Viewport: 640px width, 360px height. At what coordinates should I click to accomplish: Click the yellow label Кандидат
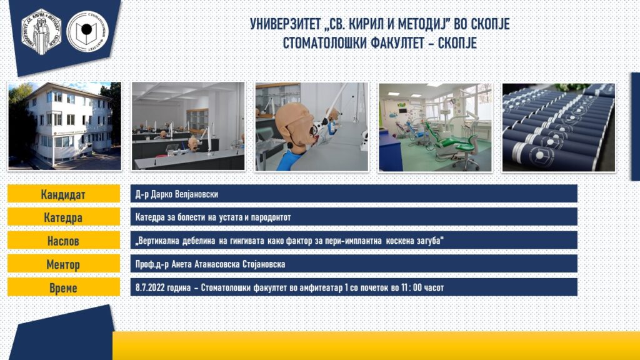(x=64, y=194)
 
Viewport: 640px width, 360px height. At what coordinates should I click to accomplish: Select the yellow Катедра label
(x=64, y=217)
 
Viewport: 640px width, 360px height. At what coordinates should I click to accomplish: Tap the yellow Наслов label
(x=64, y=241)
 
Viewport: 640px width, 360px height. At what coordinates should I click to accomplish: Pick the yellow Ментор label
(x=64, y=264)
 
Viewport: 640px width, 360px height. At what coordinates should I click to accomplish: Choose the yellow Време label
(x=64, y=287)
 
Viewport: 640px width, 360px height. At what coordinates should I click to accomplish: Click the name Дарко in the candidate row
(x=162, y=194)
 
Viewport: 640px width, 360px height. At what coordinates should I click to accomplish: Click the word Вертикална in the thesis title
(x=157, y=241)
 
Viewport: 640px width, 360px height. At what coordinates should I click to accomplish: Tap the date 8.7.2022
(x=150, y=287)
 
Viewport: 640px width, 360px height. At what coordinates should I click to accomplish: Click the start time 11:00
(x=411, y=287)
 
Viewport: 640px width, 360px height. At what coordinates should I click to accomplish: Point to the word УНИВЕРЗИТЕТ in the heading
(x=285, y=24)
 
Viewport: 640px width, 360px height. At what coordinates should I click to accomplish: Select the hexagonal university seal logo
(x=41, y=32)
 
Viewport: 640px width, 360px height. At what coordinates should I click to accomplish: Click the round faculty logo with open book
(x=87, y=32)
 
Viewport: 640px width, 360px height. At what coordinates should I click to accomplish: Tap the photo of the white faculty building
(x=64, y=126)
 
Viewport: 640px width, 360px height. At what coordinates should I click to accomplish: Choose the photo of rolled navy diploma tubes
(x=558, y=127)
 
